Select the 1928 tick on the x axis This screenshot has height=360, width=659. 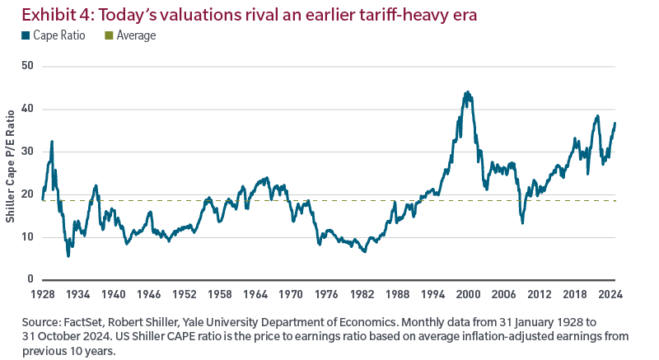pyautogui.click(x=43, y=293)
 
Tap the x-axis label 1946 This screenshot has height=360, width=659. pyautogui.click(x=148, y=293)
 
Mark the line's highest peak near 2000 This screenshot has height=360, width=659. pyautogui.click(x=467, y=91)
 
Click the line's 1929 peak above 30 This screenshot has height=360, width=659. pyautogui.click(x=52, y=141)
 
